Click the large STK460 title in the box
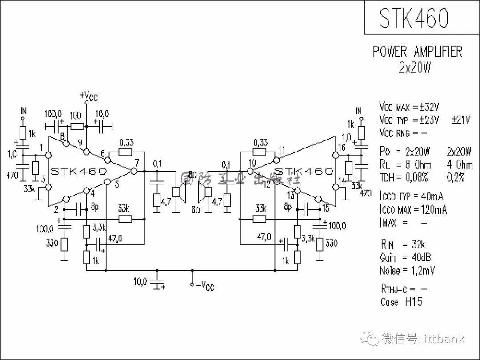tap(414, 18)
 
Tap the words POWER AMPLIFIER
tap(417, 52)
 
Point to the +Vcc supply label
tap(88, 96)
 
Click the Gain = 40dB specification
tap(405, 257)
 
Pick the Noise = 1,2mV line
tap(407, 270)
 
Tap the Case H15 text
tap(401, 302)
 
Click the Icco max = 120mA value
tap(413, 209)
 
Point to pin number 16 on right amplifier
tap(341, 148)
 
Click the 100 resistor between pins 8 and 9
tap(77, 126)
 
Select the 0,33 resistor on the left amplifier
tap(126, 152)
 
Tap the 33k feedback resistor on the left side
tap(125, 219)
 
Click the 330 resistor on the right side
tap(320, 244)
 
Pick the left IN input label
tap(23, 111)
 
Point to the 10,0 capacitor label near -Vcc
tap(140, 281)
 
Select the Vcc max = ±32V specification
tap(409, 107)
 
